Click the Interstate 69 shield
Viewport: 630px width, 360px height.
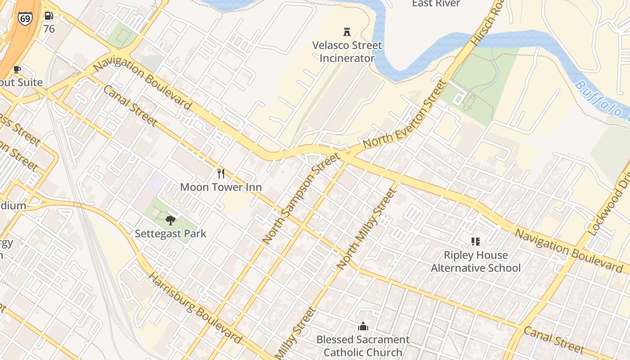(x=25, y=18)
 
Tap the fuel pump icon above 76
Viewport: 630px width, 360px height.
(x=49, y=16)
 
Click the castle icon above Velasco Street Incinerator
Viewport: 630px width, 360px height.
(x=347, y=32)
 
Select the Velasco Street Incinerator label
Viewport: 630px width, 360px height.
(x=347, y=52)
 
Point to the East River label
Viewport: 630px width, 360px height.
(x=436, y=4)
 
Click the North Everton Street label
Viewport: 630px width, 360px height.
(x=405, y=115)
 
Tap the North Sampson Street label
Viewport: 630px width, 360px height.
(x=300, y=198)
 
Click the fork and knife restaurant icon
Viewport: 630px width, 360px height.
(x=220, y=174)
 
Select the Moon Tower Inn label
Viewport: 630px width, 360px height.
(x=220, y=187)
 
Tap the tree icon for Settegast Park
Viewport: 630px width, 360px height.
(x=170, y=220)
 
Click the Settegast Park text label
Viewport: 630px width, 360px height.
(x=171, y=234)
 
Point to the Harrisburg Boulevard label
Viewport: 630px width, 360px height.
(x=195, y=308)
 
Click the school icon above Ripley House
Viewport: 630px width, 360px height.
(x=476, y=242)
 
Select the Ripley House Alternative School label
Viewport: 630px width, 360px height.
(x=476, y=261)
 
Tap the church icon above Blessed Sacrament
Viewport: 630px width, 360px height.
(x=363, y=326)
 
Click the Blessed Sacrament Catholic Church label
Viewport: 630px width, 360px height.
(x=363, y=346)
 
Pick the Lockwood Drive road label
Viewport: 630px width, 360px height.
(x=609, y=205)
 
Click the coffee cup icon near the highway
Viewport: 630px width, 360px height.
(x=17, y=69)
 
